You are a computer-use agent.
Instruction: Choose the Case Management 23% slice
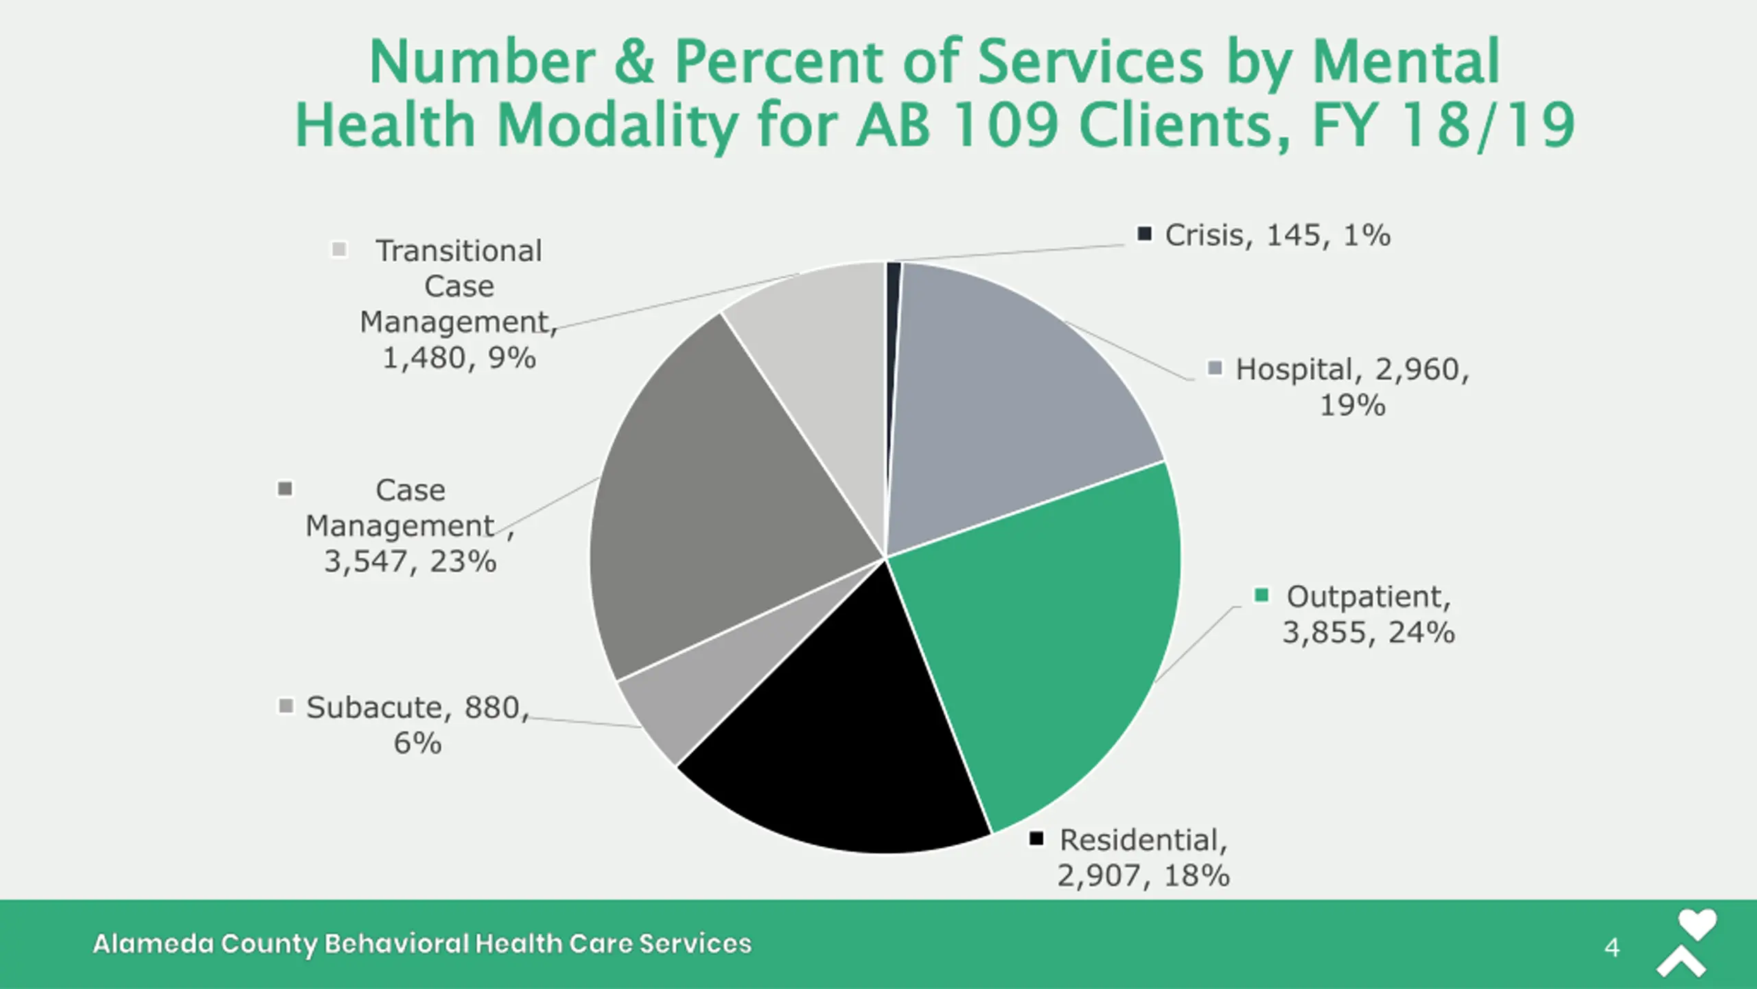pyautogui.click(x=714, y=508)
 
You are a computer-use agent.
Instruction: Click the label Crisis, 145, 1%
pyautogui.click(x=1277, y=236)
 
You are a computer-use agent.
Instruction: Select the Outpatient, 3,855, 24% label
pyautogui.click(x=1369, y=614)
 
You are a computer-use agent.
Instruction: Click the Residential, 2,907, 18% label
pyautogui.click(x=1143, y=857)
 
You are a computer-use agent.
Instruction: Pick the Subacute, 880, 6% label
pyautogui.click(x=417, y=725)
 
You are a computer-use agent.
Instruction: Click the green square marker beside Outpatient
pyautogui.click(x=1261, y=595)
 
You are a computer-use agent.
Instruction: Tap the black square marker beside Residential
pyautogui.click(x=1036, y=839)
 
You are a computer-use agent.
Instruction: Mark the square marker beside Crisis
pyautogui.click(x=1144, y=234)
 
